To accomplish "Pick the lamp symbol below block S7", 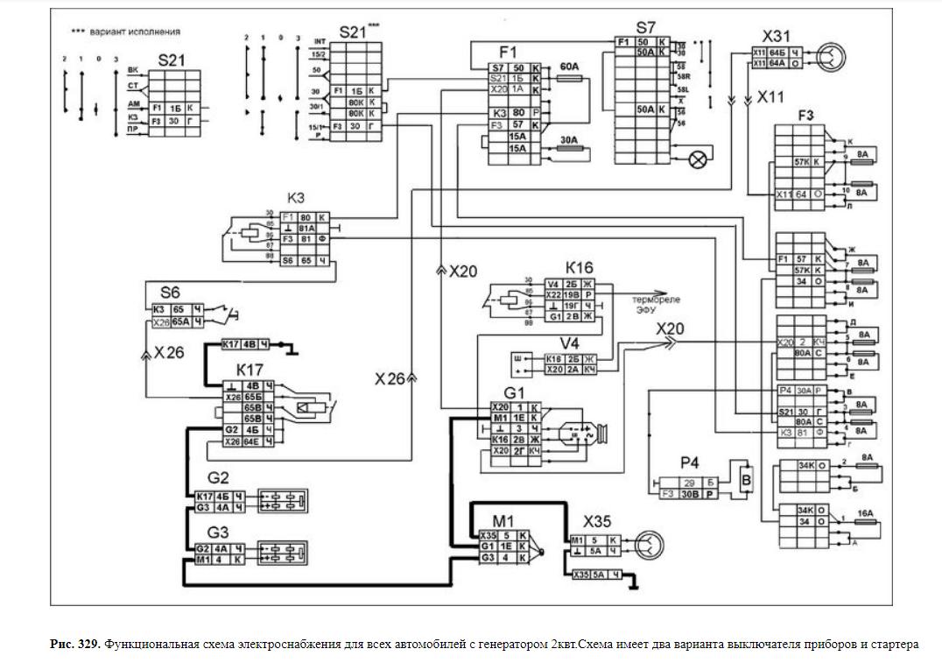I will click(x=699, y=159).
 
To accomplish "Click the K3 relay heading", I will click(x=296, y=198).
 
